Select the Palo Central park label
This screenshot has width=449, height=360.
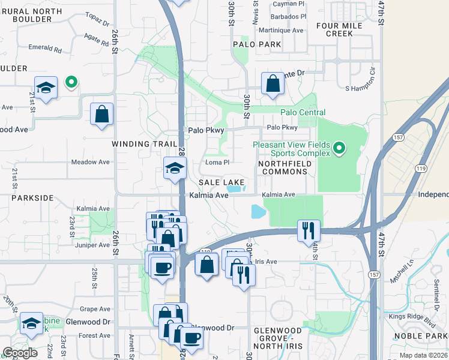(303, 112)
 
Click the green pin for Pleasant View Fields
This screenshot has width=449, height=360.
(339, 148)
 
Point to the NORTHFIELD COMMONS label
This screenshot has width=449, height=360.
(282, 167)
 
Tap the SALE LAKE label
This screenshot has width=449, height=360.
(221, 182)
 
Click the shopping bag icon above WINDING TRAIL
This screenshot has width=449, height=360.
(101, 114)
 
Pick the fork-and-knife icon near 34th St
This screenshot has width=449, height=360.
(309, 230)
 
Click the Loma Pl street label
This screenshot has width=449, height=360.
(218, 162)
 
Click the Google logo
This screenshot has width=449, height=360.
(20, 353)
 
